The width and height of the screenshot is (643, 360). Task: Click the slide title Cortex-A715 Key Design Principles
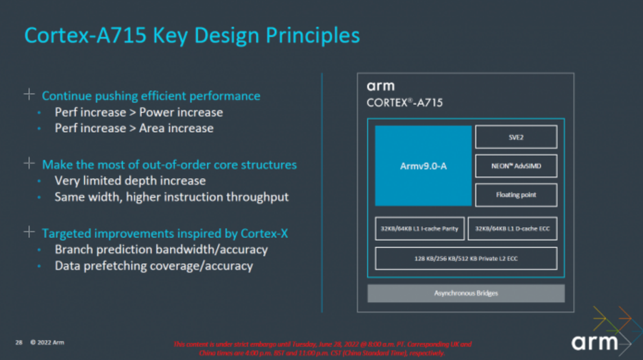coord(191,35)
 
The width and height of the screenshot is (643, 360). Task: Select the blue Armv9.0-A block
coord(423,166)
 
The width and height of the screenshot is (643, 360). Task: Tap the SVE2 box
coord(515,136)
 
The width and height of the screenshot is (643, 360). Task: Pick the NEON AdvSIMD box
coord(515,166)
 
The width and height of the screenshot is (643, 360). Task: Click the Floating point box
coord(515,194)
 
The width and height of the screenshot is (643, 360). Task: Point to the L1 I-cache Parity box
coord(419,229)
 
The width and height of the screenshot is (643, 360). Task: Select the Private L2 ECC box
coord(467,258)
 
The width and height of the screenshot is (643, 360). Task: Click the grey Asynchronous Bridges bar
coord(466,293)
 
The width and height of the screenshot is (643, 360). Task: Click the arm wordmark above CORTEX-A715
coord(380,86)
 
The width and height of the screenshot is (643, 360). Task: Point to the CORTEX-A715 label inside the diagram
coord(404,102)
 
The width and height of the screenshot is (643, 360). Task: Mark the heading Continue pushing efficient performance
coord(151,95)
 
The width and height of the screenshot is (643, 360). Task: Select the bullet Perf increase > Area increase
coord(134,129)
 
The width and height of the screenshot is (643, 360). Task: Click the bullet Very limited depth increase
coord(130,181)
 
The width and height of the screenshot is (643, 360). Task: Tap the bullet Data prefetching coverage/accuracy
coord(154,266)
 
